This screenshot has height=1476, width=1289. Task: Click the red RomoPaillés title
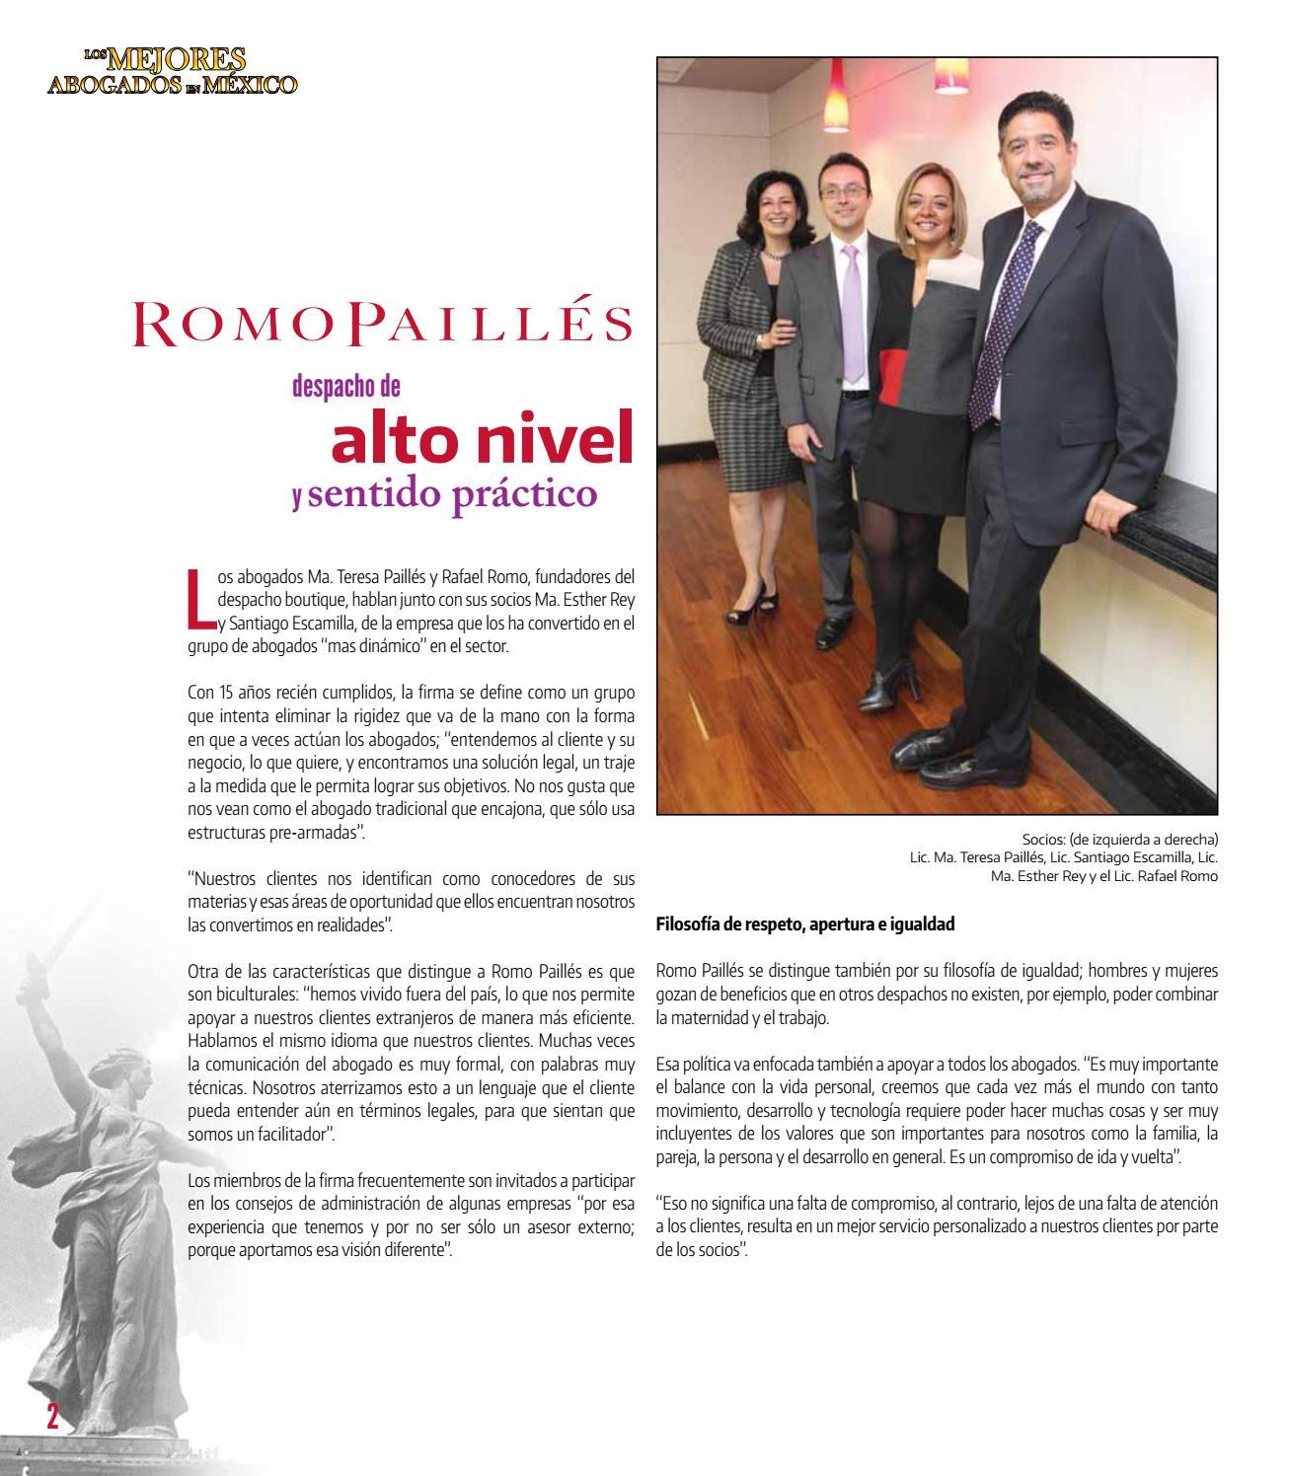383,324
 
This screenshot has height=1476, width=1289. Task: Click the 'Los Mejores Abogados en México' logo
172,72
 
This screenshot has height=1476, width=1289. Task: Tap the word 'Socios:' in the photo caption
1046,841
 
